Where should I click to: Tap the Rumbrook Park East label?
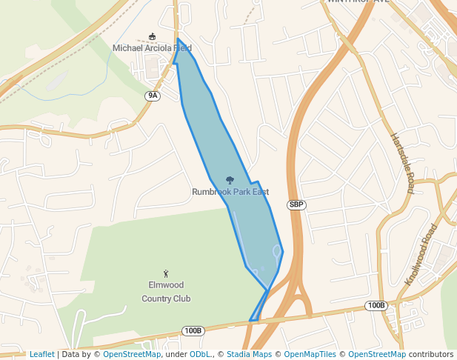click(x=230, y=192)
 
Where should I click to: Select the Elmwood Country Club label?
click(x=166, y=291)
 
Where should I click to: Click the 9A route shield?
click(x=153, y=96)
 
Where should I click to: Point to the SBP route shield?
click(x=296, y=204)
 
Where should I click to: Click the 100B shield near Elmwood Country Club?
click(x=193, y=330)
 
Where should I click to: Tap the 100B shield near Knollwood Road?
click(x=376, y=305)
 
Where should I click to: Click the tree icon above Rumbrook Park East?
click(x=230, y=180)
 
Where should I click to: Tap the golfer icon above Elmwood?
click(x=166, y=273)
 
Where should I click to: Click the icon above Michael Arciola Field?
click(x=153, y=37)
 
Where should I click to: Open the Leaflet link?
click(x=41, y=354)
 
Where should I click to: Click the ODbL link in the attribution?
click(x=200, y=354)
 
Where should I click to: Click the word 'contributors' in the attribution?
click(x=431, y=354)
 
